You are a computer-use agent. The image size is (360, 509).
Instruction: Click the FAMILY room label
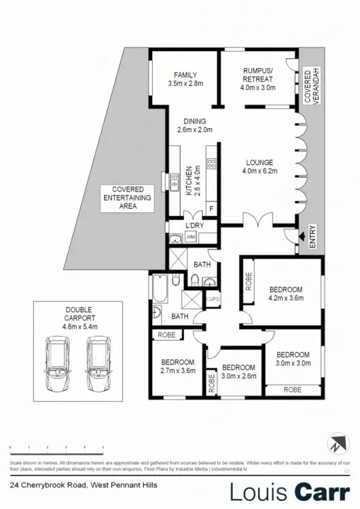coord(185,79)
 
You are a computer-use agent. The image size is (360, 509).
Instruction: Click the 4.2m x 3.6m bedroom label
coord(285,294)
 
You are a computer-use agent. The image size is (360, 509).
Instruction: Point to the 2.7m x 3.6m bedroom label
coord(178,366)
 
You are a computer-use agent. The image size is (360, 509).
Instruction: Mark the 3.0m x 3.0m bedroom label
coord(292,359)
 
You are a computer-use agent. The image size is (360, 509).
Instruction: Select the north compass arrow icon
coord(338,445)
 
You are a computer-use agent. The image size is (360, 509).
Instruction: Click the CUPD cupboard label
coord(213,299)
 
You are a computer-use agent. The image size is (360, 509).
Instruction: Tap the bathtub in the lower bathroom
coord(160,288)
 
